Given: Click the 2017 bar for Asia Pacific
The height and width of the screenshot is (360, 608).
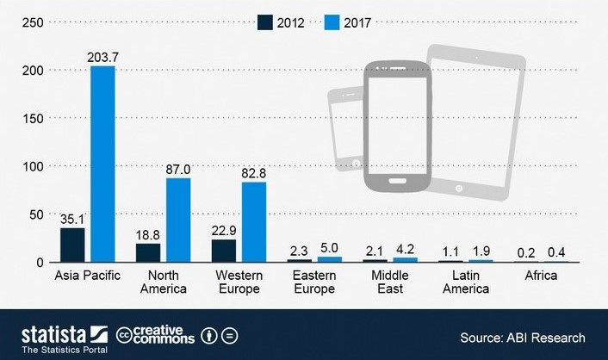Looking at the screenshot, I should point(102,164).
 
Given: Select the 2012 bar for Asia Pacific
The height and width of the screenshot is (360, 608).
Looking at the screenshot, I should point(72,245).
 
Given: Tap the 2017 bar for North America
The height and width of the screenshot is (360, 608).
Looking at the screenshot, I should point(178,220).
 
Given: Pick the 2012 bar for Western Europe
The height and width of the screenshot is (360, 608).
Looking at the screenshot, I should point(224,251).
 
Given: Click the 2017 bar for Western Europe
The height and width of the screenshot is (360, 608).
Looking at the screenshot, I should point(254,221).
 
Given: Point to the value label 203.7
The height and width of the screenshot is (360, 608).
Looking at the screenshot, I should point(102,57).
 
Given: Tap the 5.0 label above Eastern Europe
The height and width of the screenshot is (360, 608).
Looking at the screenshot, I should point(330,248).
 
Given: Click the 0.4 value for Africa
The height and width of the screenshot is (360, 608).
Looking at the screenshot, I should point(557,252).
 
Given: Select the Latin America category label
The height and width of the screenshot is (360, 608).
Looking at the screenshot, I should point(466,282).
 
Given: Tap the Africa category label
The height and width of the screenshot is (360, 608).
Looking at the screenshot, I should point(542,276).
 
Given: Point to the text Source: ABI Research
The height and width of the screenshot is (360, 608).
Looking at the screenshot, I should point(522,338).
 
